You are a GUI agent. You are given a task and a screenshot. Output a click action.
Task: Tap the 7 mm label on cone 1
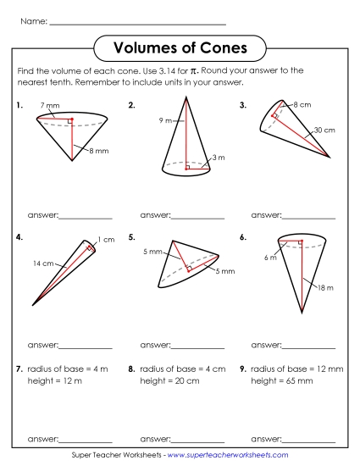(49, 105)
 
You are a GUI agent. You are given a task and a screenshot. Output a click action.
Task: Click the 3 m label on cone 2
(219, 158)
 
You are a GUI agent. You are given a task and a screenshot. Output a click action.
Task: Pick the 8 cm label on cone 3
(302, 104)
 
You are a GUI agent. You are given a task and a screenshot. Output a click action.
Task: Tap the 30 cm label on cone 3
(324, 130)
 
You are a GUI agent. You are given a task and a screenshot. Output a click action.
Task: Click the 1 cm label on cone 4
(105, 240)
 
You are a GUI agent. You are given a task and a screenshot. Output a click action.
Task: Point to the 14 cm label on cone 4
(43, 264)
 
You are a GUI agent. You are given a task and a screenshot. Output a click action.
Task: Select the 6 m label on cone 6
(269, 258)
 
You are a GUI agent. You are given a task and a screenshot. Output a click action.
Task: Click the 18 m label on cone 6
(324, 289)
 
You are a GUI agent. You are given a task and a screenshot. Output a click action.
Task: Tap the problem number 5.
(132, 238)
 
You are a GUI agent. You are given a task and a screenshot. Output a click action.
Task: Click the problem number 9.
(243, 369)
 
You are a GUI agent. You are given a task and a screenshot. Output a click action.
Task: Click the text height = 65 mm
(282, 381)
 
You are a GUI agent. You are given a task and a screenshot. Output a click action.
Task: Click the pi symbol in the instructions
(193, 71)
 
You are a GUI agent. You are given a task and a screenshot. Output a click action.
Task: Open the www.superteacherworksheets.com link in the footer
(233, 455)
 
